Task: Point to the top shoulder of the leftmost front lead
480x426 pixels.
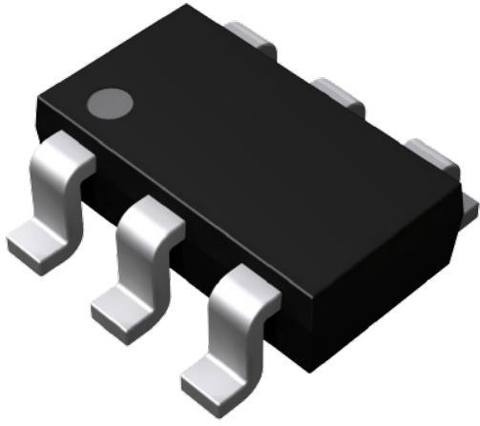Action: tap(67, 152)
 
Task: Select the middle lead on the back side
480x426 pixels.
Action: tap(341, 93)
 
